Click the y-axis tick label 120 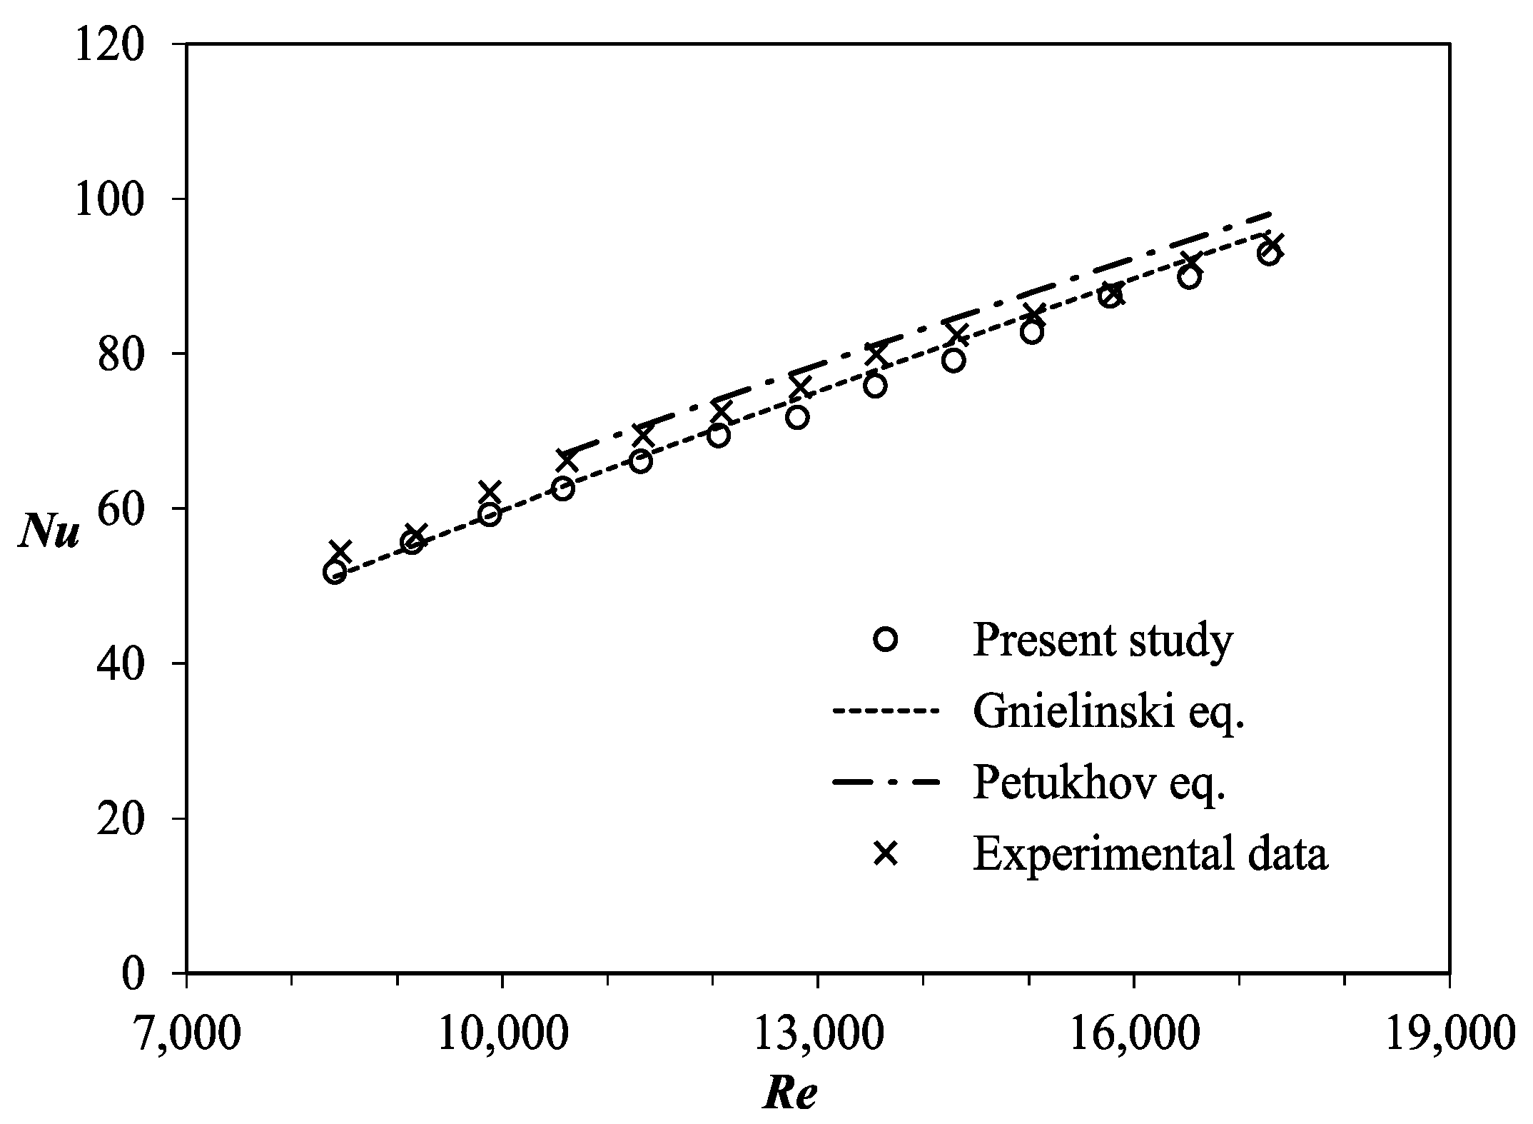point(114,44)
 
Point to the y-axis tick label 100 point(114,199)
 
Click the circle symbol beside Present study point(886,639)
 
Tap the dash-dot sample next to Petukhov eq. point(886,783)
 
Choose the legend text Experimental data point(1150,854)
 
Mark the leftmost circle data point point(335,572)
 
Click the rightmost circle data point point(1269,255)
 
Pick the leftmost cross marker point(340,551)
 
